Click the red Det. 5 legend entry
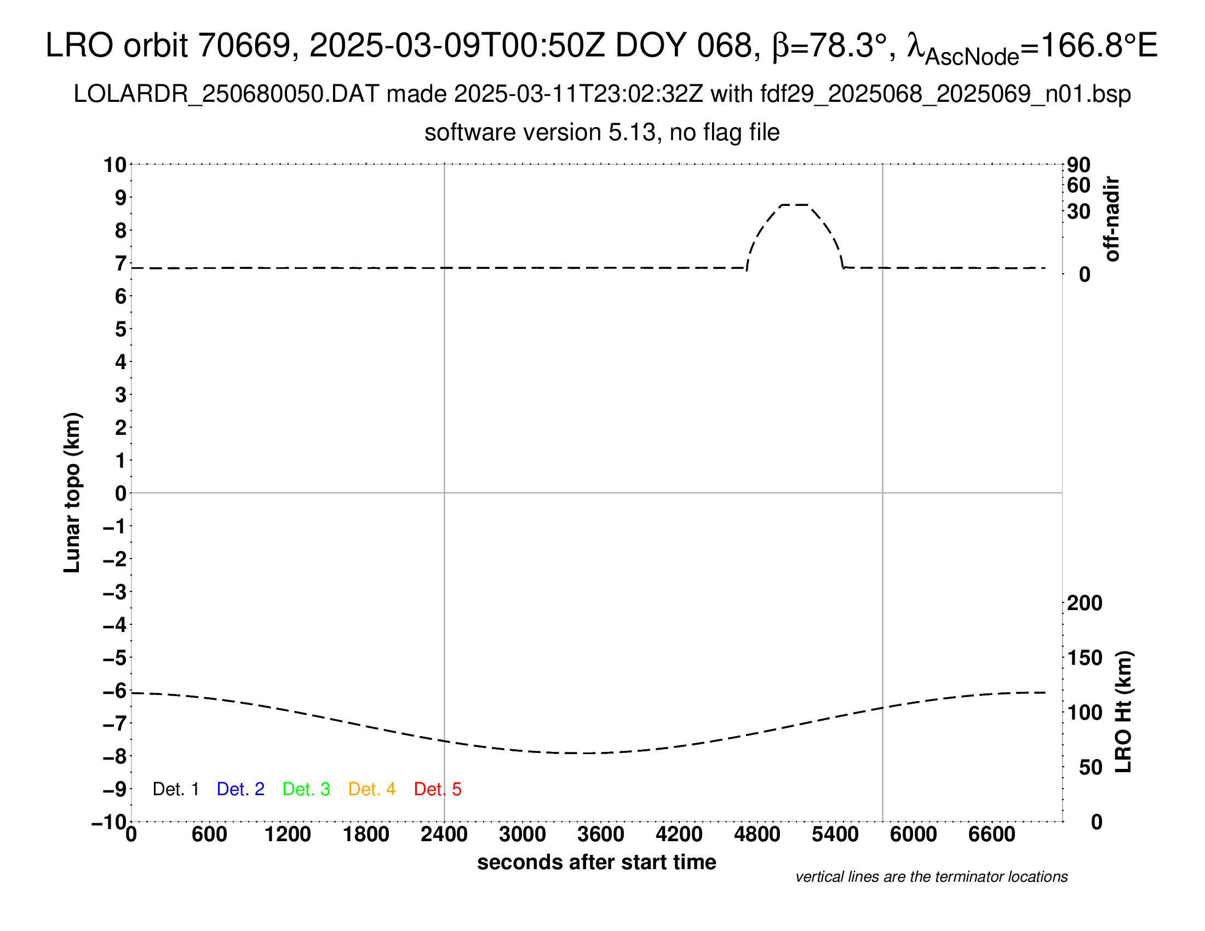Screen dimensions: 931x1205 pos(438,789)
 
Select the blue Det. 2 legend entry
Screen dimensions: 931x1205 pos(240,789)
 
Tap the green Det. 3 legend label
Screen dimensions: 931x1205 pos(306,789)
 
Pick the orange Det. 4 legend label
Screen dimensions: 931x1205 pos(372,789)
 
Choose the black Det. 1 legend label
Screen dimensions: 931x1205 pos(175,789)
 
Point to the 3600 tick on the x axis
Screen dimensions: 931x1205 pos(601,835)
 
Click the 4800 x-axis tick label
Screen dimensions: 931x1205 pos(757,835)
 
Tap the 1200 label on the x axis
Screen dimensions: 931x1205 pos(288,835)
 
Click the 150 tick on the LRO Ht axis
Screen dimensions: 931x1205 pos(1084,658)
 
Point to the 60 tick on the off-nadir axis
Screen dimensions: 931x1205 pos(1078,185)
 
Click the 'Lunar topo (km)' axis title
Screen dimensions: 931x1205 pos(72,492)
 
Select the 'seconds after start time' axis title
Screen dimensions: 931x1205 pos(596,862)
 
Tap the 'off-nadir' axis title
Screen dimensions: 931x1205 pos(1112,219)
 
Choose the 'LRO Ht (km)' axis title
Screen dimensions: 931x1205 pos(1123,712)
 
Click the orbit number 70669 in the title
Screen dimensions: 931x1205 pos(244,45)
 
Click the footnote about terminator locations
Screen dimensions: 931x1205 pos(931,877)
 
